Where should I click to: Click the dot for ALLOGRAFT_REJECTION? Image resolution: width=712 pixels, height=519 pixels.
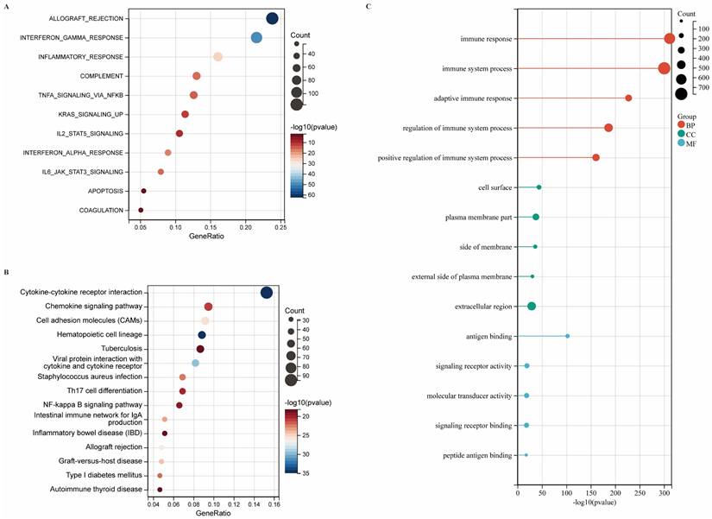[x=273, y=19]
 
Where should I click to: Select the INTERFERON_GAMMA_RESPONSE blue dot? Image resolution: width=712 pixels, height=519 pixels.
[x=256, y=38]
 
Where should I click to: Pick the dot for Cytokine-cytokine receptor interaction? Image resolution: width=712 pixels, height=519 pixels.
[x=267, y=293]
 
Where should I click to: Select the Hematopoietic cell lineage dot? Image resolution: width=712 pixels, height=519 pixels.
[x=202, y=335]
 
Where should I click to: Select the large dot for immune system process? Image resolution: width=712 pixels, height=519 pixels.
[x=664, y=69]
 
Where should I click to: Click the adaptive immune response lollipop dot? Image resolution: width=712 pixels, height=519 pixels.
[x=628, y=98]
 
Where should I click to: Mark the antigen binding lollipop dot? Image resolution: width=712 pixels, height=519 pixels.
[x=567, y=336]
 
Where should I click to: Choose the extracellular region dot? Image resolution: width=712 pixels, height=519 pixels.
[x=532, y=307]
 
